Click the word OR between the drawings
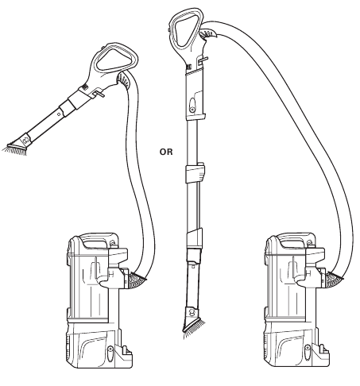point(166,152)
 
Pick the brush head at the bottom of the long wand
point(194,322)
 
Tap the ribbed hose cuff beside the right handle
point(208,33)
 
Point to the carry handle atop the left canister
point(96,240)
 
